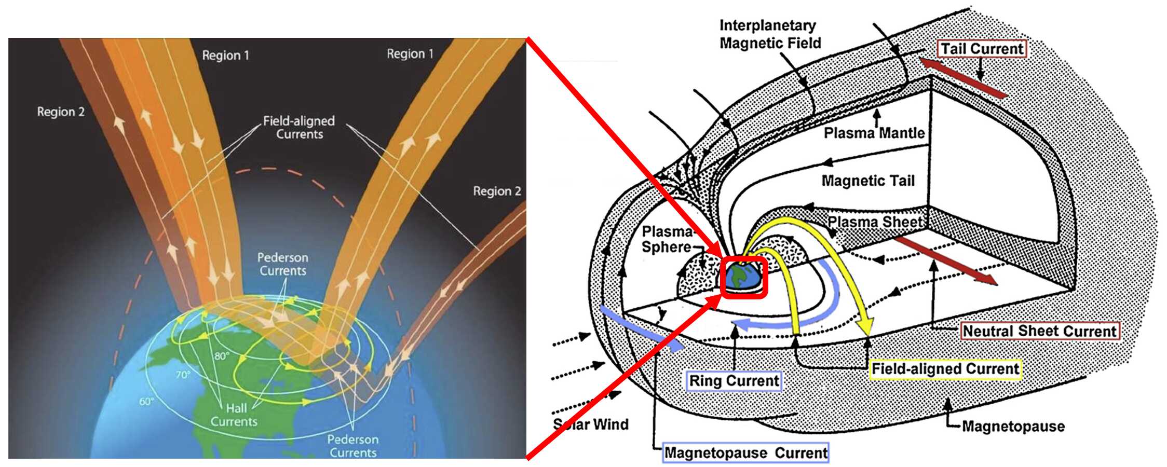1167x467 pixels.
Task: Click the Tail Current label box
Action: click(x=982, y=49)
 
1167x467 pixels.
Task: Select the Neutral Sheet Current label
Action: click(x=1039, y=331)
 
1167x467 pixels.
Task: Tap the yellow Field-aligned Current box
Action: click(x=945, y=369)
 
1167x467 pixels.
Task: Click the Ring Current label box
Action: click(x=734, y=381)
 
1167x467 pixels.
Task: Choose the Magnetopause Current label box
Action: click(x=745, y=453)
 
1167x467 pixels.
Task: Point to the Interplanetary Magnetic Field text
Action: click(x=769, y=34)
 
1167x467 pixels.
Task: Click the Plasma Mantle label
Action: click(x=874, y=133)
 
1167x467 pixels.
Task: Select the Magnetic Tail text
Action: click(x=867, y=181)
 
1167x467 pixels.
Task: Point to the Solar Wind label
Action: click(x=590, y=424)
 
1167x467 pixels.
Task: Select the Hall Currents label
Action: click(x=234, y=415)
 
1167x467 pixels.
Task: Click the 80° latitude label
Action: click(x=222, y=356)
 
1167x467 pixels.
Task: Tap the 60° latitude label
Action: click(x=147, y=401)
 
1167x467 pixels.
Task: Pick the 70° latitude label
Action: click(x=183, y=374)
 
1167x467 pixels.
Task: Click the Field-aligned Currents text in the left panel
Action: click(x=299, y=128)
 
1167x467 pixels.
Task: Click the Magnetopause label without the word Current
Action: click(x=1013, y=427)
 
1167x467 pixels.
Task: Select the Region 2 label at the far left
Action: click(x=61, y=112)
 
